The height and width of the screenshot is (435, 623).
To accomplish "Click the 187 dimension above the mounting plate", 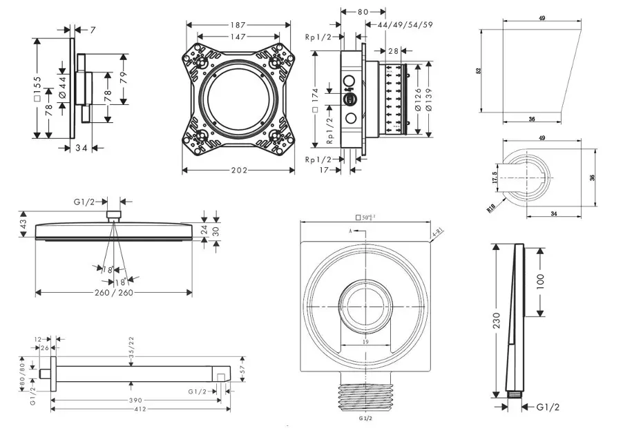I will (237, 25).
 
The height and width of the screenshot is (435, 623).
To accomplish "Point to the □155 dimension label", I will (37, 88).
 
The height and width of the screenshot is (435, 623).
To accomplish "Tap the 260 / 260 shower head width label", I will (113, 293).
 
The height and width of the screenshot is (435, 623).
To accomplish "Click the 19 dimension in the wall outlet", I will (365, 342).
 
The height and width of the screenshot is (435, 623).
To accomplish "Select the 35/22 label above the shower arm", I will (131, 344).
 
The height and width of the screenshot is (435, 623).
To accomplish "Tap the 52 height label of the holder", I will (478, 71).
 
